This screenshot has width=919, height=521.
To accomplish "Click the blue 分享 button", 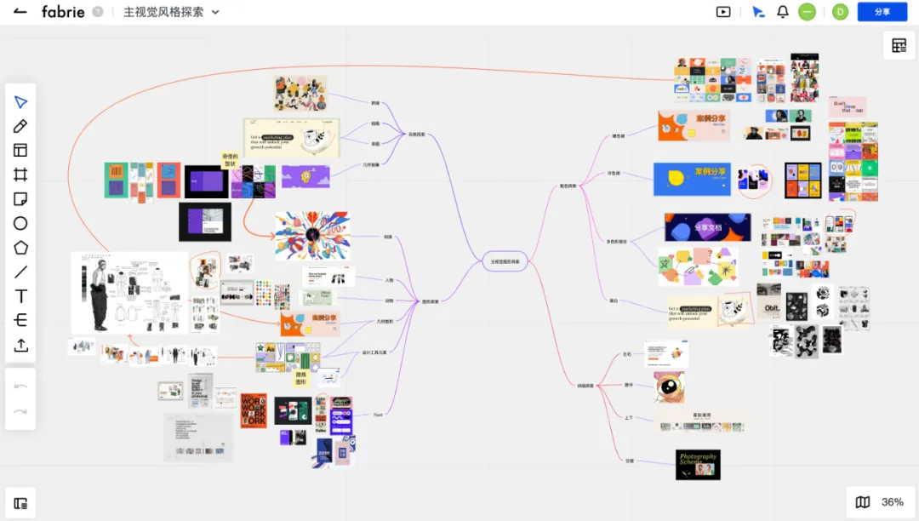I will click(882, 12).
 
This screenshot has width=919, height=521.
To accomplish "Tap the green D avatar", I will click(840, 12).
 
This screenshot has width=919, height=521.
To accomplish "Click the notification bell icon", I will click(783, 12).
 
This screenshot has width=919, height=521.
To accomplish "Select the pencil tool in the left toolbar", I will click(20, 126).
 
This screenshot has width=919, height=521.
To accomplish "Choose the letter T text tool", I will click(20, 296).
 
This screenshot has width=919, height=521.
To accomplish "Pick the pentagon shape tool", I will click(20, 248).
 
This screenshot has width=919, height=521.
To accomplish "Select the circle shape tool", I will click(20, 223).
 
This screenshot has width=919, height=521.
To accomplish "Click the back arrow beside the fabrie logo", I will click(20, 12).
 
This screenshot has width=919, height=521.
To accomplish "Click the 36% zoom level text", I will click(892, 502).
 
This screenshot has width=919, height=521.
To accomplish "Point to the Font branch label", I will click(378, 415).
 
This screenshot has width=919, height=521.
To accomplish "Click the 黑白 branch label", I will click(613, 301).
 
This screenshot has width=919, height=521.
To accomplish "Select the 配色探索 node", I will click(568, 186).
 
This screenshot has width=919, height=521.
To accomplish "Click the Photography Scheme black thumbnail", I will click(698, 465).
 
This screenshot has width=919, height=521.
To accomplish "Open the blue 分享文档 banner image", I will click(707, 227).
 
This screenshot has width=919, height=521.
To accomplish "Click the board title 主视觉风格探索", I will click(163, 12).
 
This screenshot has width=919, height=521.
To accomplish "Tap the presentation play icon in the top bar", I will click(723, 12).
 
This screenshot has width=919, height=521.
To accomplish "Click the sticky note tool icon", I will click(20, 199).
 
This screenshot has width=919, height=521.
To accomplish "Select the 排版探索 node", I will click(585, 386).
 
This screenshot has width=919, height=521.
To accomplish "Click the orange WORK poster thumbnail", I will click(254, 410).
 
